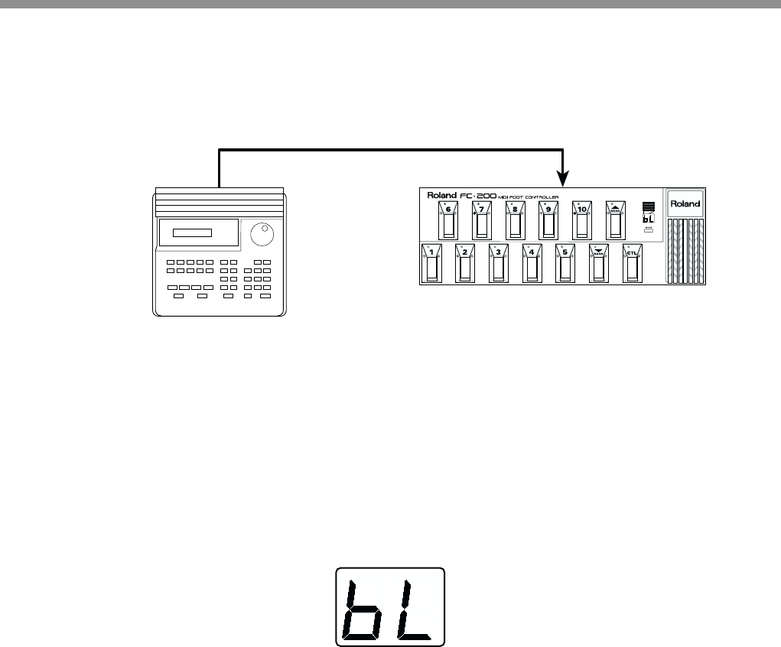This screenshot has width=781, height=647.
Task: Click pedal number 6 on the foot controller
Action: [448, 221]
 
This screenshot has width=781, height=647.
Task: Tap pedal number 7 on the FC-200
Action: [482, 221]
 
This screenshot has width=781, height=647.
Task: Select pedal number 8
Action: [515, 221]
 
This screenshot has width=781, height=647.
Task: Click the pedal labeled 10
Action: [581, 221]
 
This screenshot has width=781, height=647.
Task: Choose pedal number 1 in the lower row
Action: [431, 265]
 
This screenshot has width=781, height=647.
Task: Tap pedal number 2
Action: [464, 265]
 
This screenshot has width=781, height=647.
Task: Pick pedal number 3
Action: [498, 265]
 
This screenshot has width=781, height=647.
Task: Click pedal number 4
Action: [531, 265]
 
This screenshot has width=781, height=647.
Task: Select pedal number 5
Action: [565, 265]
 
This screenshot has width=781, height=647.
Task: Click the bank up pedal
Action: [615, 221]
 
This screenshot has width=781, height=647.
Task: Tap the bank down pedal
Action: [598, 265]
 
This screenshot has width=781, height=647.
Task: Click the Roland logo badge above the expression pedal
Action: [685, 205]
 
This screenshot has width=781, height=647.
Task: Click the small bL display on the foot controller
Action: [647, 218]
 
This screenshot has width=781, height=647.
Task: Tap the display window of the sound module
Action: [191, 232]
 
